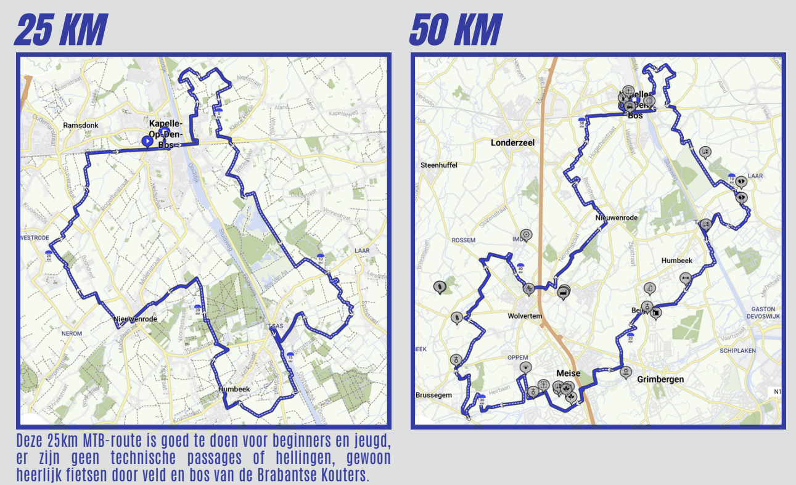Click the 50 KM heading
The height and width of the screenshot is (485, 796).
pos(455,30)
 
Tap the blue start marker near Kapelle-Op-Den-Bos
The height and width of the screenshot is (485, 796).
pos(147,141)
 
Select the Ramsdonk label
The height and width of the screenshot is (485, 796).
pos(78,126)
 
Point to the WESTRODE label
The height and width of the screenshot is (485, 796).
pos(34,237)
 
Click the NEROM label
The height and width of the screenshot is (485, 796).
pos(72,333)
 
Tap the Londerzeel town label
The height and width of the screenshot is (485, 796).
pos(512,143)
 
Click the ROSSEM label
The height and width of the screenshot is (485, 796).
pos(464,240)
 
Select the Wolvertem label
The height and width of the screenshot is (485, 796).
pos(523,316)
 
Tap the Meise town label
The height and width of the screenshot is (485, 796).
pos(568,373)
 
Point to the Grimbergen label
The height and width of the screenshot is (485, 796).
pos(660,379)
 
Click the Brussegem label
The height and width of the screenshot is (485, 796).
pos(433,395)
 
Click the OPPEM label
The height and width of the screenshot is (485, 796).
pos(519,357)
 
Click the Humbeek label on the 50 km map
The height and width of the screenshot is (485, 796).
pos(676,261)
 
